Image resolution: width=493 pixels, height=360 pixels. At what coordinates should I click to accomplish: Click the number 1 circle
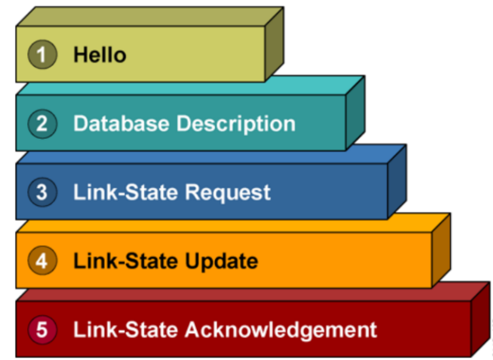click(42, 55)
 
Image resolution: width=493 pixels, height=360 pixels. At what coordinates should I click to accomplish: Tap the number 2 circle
click(42, 124)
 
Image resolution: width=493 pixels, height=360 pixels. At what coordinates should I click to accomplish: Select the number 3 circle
click(42, 192)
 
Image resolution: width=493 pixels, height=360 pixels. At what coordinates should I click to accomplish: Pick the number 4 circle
click(42, 261)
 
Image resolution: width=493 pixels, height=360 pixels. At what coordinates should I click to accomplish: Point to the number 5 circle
click(42, 329)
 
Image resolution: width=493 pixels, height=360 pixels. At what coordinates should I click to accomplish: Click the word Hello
click(99, 55)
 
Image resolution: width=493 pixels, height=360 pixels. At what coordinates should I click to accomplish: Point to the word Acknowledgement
click(281, 330)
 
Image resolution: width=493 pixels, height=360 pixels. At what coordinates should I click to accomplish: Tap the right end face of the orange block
click(441, 250)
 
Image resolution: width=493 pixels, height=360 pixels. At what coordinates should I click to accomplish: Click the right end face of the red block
click(480, 319)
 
